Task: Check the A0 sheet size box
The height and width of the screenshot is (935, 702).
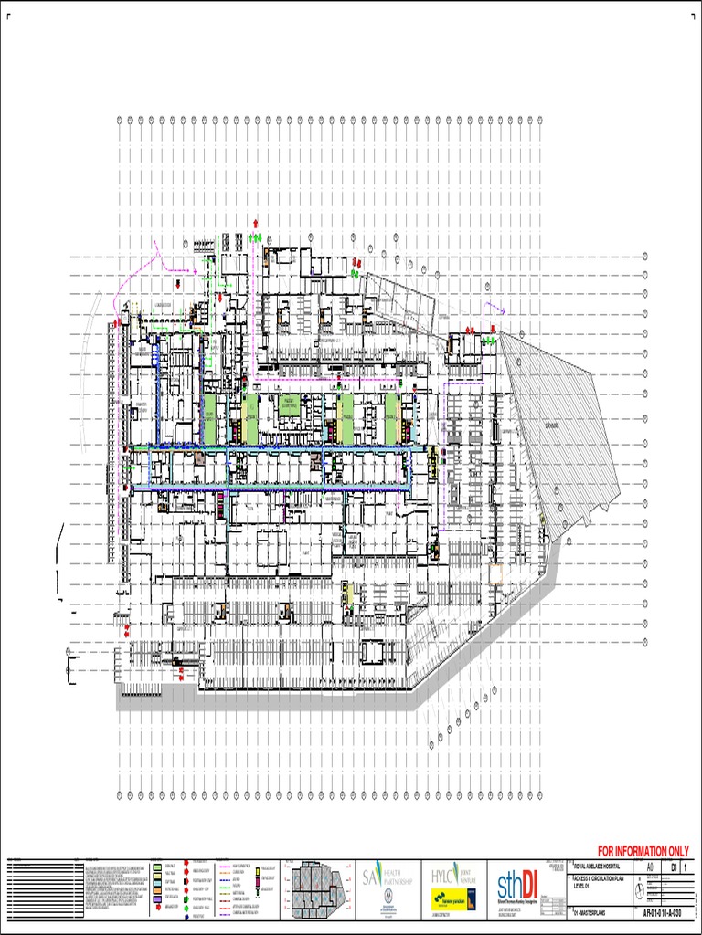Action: (650, 868)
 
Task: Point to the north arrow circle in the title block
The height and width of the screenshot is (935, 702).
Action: (638, 892)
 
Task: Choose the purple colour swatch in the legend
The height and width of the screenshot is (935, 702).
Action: (156, 899)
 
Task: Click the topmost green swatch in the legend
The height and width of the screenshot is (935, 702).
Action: (156, 864)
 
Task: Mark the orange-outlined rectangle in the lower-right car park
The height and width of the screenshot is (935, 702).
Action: (496, 573)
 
